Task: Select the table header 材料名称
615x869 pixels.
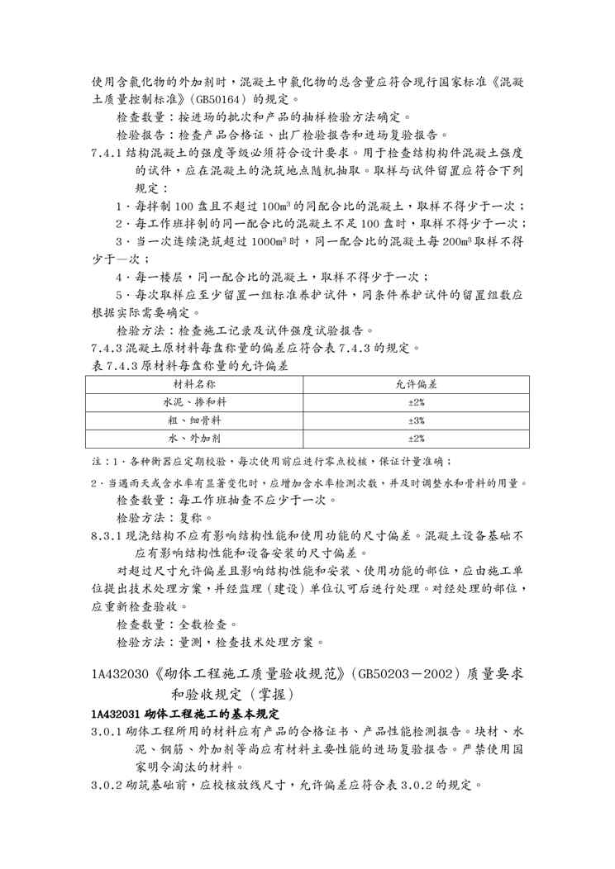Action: [x=194, y=385]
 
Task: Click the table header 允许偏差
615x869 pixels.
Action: [x=416, y=385]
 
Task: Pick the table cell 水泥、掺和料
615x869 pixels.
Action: [x=194, y=402]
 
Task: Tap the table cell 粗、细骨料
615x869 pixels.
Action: [x=194, y=420]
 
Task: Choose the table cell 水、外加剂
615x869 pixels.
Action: [x=194, y=439]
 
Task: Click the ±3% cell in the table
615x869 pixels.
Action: [x=416, y=420]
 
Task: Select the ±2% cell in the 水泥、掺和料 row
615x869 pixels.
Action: [x=416, y=402]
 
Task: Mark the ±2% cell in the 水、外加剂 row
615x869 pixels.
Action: [x=416, y=439]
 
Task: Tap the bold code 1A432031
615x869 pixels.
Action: [x=116, y=713]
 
